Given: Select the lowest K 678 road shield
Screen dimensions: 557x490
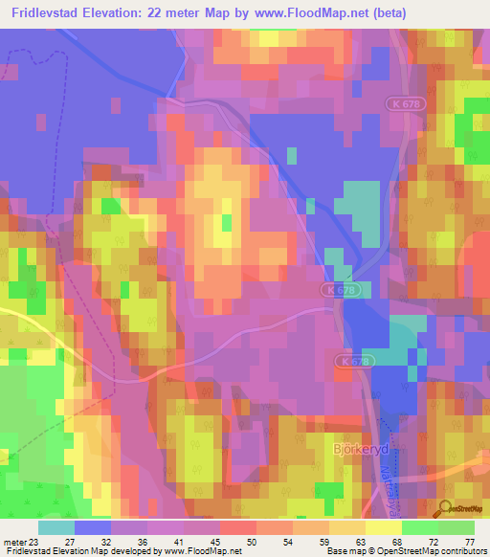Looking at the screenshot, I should point(351,361).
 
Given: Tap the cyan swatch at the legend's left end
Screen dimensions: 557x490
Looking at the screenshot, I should point(56,527).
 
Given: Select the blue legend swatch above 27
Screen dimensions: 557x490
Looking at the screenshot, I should point(93,527).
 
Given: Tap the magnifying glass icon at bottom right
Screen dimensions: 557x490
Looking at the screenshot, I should point(445,509).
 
